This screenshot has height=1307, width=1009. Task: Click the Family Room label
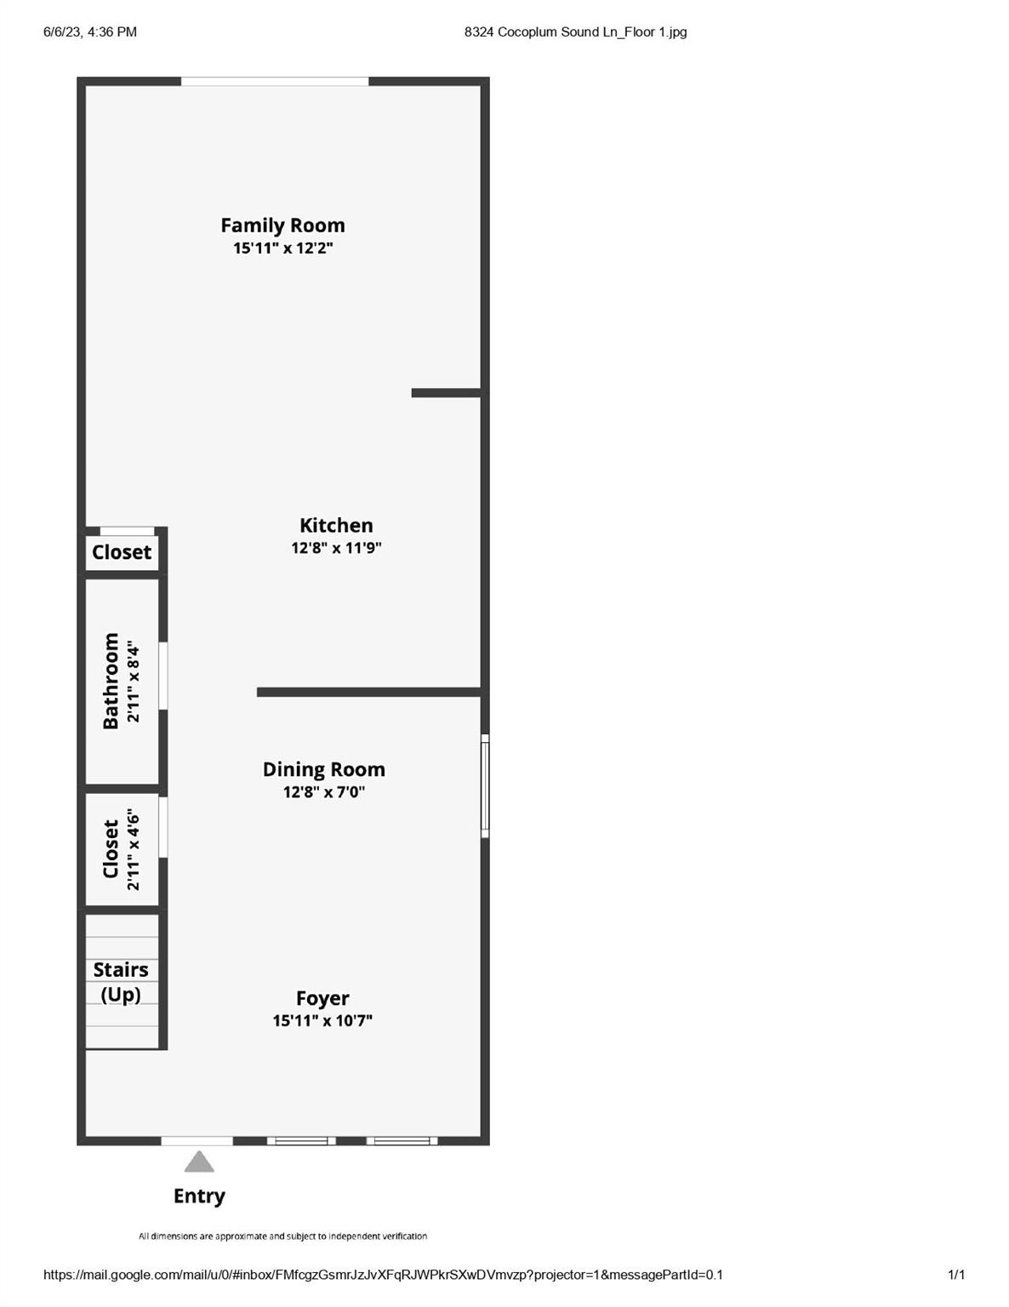282,226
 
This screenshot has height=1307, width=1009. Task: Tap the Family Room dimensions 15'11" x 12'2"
282,248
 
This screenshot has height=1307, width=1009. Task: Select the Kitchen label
336,525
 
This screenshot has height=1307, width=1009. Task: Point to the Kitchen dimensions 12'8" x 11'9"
336,548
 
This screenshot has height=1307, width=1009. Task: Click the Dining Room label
323,769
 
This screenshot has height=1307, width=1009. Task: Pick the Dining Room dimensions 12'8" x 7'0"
323,791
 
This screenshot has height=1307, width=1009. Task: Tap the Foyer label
322,998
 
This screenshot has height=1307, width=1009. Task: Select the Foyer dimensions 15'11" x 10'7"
322,1021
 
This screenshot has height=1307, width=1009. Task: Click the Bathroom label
111,681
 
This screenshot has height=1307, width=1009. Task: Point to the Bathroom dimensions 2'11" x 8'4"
133,683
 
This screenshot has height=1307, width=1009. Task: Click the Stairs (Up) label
121,982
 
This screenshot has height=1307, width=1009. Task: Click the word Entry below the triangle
199,1196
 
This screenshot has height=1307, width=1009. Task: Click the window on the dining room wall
485,785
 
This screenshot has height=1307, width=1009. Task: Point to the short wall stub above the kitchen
446,393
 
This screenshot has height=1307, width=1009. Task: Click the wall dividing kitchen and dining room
368,693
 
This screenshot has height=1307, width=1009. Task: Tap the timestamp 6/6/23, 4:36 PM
90,31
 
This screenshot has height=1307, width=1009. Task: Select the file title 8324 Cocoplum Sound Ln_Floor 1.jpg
575,31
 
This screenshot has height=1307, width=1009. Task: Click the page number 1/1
956,1274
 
